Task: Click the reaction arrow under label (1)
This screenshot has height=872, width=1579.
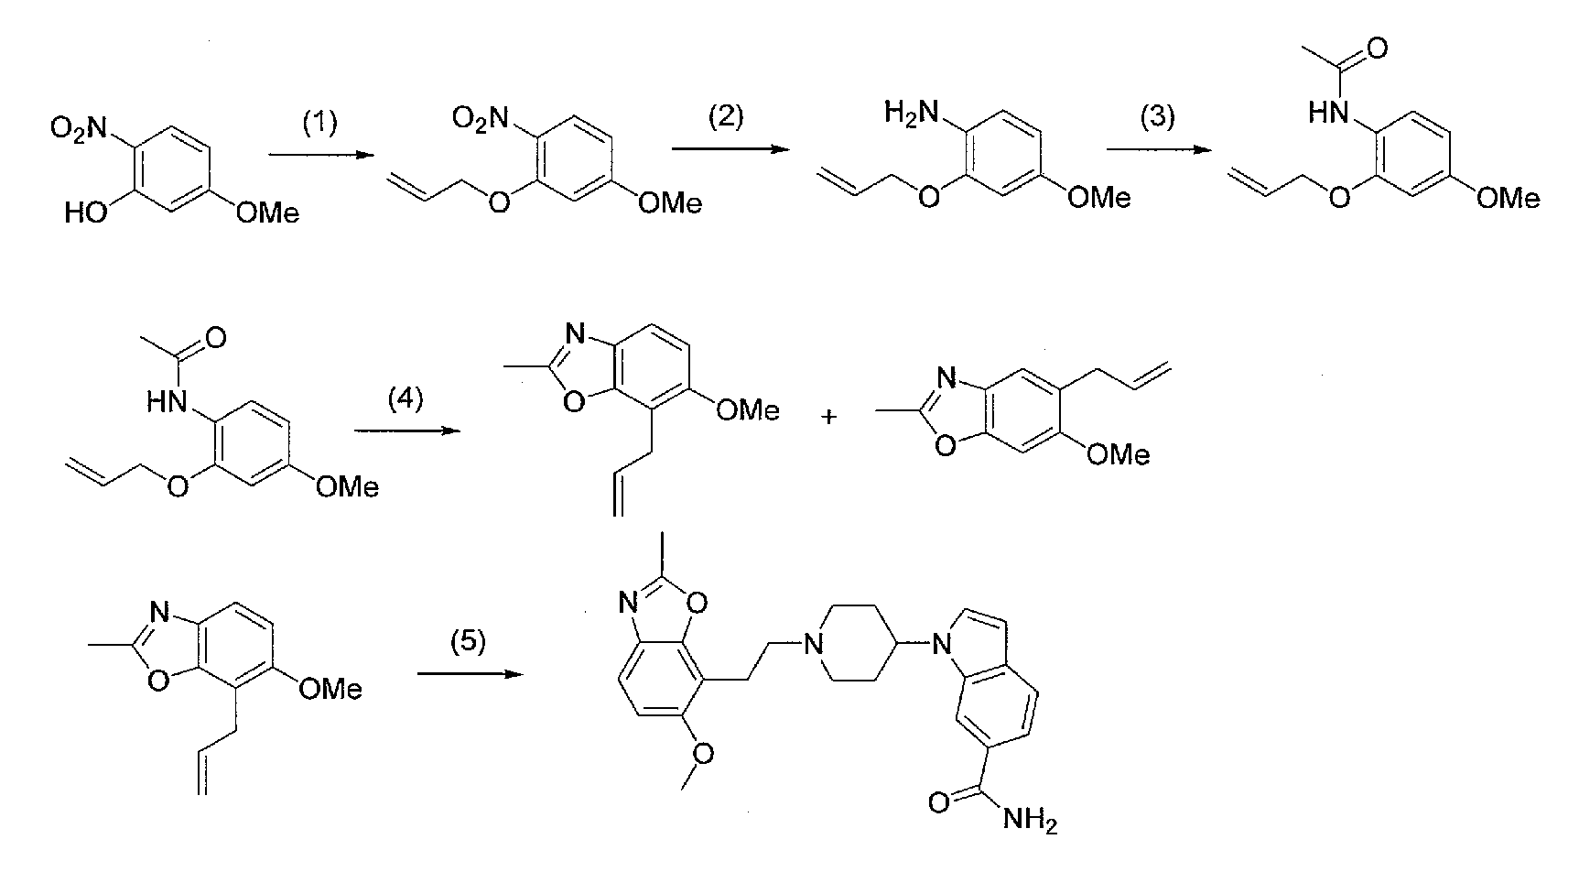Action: tap(319, 157)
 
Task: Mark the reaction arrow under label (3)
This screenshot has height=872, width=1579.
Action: tap(1155, 148)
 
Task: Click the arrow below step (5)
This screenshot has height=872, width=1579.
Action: tap(469, 674)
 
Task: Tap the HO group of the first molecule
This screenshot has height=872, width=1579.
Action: tap(85, 213)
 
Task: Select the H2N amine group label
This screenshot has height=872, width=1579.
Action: tap(907, 114)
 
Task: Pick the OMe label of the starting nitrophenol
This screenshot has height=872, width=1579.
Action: tap(267, 213)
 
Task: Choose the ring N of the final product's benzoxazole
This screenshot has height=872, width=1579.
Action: tap(629, 602)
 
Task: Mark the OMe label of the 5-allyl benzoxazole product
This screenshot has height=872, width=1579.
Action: tap(1118, 453)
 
